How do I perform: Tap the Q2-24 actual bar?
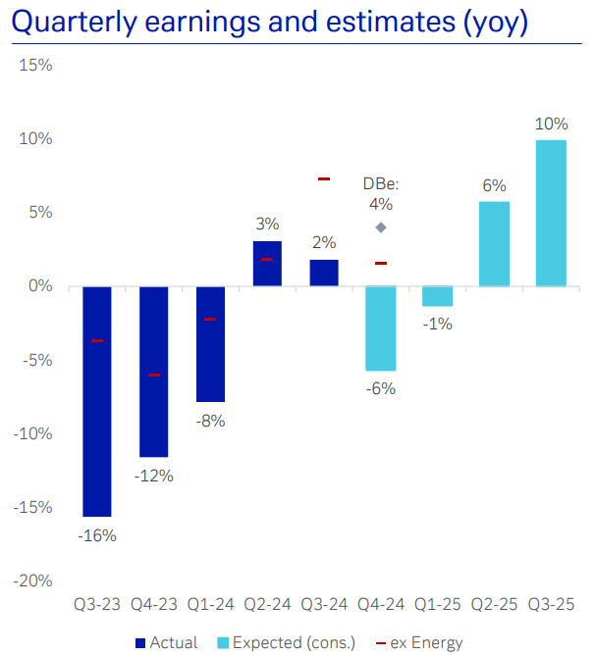click(x=267, y=264)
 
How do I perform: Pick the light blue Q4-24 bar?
click(x=380, y=327)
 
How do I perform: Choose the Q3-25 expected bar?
click(x=551, y=213)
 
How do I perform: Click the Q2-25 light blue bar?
click(x=494, y=243)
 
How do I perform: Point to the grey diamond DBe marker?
click(x=381, y=227)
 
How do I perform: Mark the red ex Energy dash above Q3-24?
click(x=324, y=178)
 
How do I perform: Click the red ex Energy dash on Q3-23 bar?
click(x=97, y=340)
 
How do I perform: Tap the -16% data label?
click(x=97, y=535)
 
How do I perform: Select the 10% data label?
click(x=551, y=124)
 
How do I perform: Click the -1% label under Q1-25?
click(x=437, y=324)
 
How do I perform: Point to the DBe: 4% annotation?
click(x=380, y=194)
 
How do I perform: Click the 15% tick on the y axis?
click(x=35, y=66)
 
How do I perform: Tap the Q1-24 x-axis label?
click(x=210, y=605)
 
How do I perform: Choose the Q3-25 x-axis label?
click(x=551, y=605)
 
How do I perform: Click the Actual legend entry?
click(x=166, y=643)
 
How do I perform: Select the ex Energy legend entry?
click(x=419, y=643)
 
